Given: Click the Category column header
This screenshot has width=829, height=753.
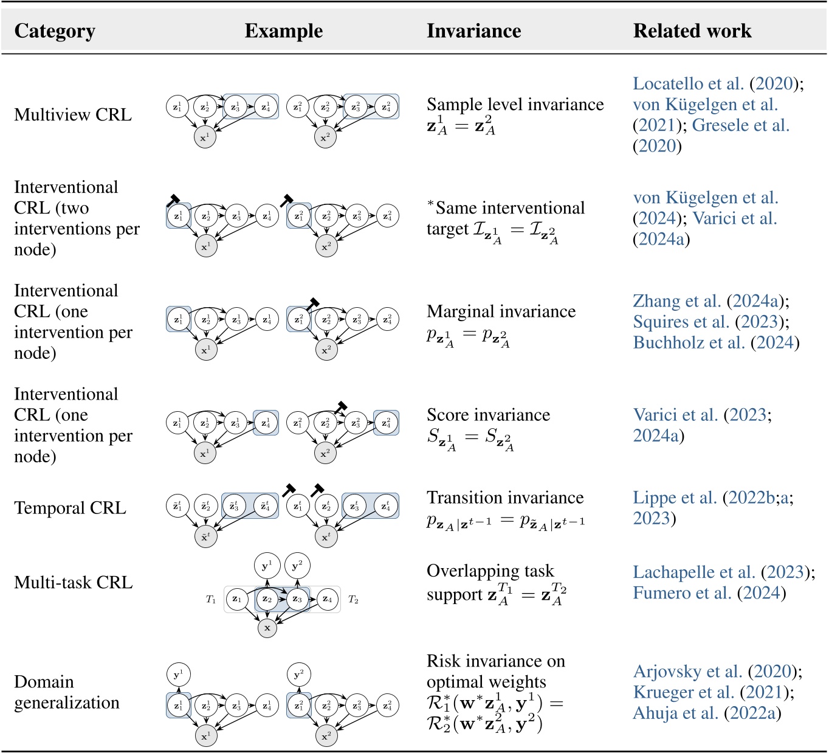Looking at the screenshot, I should (55, 31).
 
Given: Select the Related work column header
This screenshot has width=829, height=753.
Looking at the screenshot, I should (692, 31).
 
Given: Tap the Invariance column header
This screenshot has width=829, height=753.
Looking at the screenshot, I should (473, 31).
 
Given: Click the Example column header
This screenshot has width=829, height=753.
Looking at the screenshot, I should (283, 31).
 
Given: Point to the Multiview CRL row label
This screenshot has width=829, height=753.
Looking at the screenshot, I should (73, 114).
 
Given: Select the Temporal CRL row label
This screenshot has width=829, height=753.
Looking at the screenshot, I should (70, 508).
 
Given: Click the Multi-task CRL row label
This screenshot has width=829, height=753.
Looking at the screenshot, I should (73, 583).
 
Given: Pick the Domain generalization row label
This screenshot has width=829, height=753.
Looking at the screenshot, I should (66, 692).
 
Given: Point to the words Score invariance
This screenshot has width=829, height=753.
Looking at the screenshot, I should (488, 415).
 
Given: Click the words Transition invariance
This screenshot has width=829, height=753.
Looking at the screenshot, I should (504, 498).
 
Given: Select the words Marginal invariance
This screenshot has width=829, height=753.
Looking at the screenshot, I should (501, 311).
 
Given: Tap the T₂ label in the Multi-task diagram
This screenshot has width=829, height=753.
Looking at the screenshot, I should (353, 600).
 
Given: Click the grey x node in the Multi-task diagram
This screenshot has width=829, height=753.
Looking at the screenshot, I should (267, 628).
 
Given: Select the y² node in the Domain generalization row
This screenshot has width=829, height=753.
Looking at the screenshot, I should (298, 675).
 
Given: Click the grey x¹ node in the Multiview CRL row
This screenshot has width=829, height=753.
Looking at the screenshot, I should (205, 137).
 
